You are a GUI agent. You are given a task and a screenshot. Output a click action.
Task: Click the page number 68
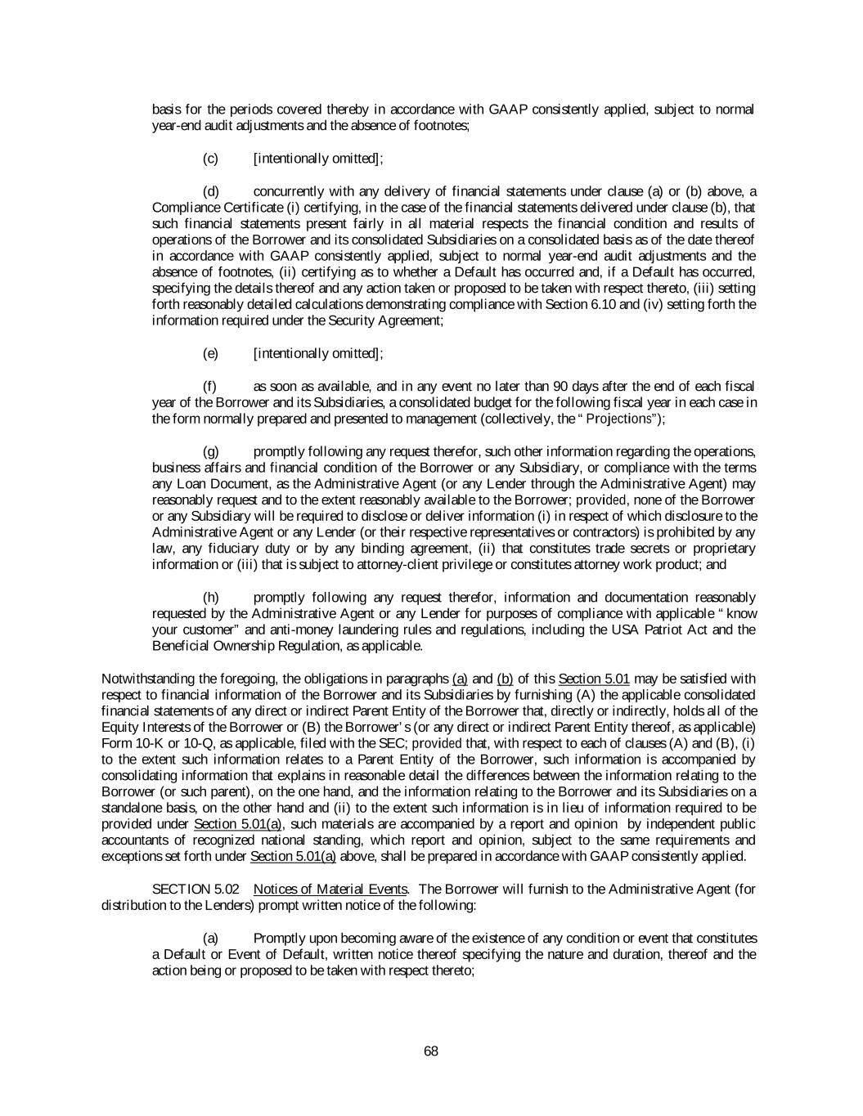[x=431, y=1051]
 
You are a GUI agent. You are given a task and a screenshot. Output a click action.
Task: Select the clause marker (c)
[x=210, y=158]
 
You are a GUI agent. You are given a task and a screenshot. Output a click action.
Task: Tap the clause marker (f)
[x=209, y=386]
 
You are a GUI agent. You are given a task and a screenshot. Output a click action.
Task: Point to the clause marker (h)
[x=210, y=598]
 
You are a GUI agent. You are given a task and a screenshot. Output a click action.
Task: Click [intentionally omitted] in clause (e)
[x=317, y=353]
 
